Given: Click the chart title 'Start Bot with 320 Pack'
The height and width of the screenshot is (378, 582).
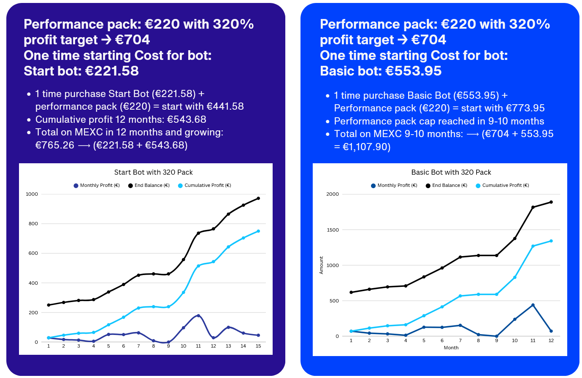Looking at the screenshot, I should coord(153,172).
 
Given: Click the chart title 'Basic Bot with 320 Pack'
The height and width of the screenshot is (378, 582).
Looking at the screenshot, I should coord(451,172).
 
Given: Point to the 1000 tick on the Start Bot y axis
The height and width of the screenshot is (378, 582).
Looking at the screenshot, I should coord(32,194).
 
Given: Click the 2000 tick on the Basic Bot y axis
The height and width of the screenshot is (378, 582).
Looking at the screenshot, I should coord(332,194).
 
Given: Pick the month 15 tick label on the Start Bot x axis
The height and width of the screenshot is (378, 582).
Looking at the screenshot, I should coord(258,346).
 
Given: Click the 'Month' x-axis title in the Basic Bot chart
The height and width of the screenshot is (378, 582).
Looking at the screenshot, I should coord(451,348).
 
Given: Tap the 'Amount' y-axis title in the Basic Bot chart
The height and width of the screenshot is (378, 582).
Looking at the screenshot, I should coord(321,265).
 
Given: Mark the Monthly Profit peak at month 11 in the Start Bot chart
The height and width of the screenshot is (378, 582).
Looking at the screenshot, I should coord(198,316).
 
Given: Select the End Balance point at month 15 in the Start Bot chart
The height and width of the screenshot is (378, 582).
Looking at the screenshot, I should coord(258,198).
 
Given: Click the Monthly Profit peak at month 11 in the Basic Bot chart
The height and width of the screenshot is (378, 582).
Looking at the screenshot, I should coord(533,305).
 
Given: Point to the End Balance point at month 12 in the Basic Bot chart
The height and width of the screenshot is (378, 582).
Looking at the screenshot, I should coord(551,202).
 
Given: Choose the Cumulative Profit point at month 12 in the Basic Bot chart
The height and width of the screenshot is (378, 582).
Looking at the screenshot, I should coord(551,241).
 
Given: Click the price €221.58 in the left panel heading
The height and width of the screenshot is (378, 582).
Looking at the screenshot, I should coord(112,71).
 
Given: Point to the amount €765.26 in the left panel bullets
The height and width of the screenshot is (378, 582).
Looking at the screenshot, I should coord(55,145).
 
